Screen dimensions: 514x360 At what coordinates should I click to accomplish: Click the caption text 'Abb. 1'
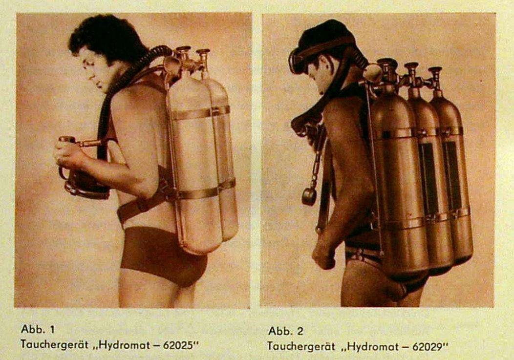pos(33,329)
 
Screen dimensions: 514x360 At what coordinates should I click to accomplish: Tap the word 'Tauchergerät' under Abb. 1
pos(54,344)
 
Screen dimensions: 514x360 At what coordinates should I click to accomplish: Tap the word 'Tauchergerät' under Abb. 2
pos(301,346)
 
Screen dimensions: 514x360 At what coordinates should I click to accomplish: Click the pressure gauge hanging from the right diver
pos(309,196)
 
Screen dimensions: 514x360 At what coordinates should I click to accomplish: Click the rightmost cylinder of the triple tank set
pos(453,174)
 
